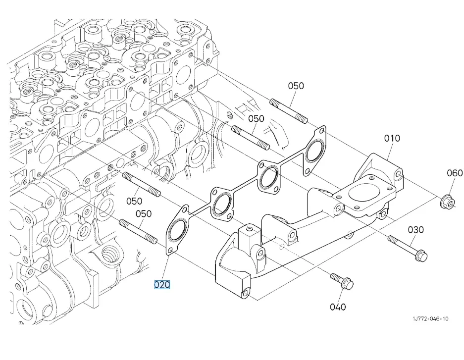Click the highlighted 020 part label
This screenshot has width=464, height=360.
coord(161,285)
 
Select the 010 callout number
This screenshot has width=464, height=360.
coord(392,139)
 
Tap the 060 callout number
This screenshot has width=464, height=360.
coord(455,173)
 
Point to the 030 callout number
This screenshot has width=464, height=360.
coord(416,230)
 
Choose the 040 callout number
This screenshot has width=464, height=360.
coord(338,307)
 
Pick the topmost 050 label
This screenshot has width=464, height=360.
coord(296,86)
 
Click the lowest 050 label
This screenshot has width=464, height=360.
coord(144,214)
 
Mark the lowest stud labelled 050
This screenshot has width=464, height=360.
coord(138,231)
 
